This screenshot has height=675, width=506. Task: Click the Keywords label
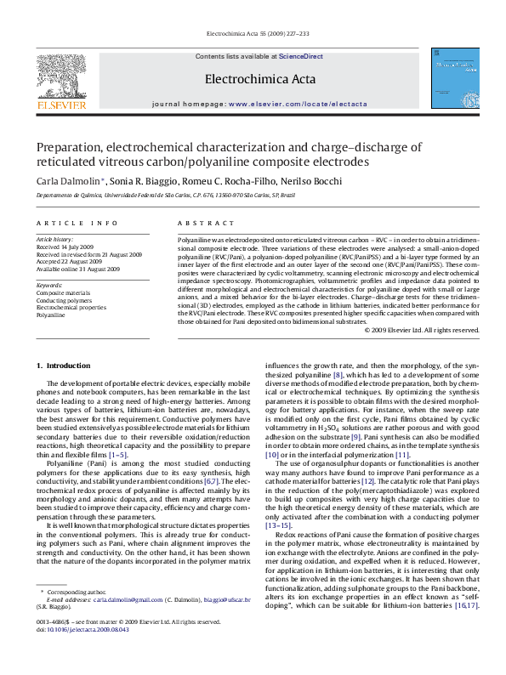pos(48,283)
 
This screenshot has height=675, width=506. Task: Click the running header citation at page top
pos(253,35)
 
